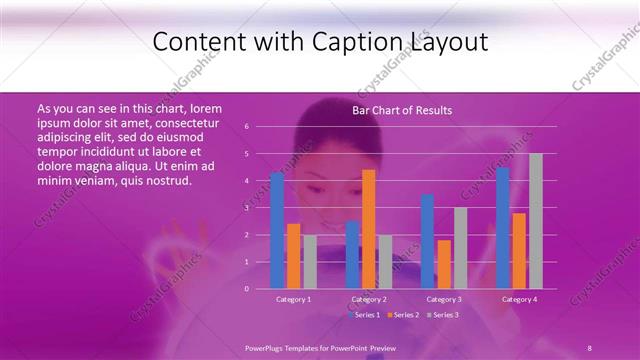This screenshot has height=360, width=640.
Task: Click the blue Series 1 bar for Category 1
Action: pos(277,230)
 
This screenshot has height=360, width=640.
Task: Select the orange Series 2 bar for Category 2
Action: pos(368,228)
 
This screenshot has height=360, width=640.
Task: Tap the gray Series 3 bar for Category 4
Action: pos(536,220)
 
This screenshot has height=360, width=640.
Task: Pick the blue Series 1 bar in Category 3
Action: pos(428,241)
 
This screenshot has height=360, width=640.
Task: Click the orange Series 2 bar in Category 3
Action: pos(444,264)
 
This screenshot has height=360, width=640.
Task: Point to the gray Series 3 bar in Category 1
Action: pos(310,261)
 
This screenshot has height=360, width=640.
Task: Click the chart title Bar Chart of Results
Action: pos(402,110)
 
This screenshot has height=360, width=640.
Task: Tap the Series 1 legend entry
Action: pos(365,315)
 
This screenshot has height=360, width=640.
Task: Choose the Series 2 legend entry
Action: pos(404,315)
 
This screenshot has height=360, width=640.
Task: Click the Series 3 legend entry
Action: pos(442,315)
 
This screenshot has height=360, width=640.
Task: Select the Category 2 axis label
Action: pos(369,299)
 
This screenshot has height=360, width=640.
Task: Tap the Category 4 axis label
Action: pos(519,299)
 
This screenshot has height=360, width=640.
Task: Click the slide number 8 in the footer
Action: pos(589,347)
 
